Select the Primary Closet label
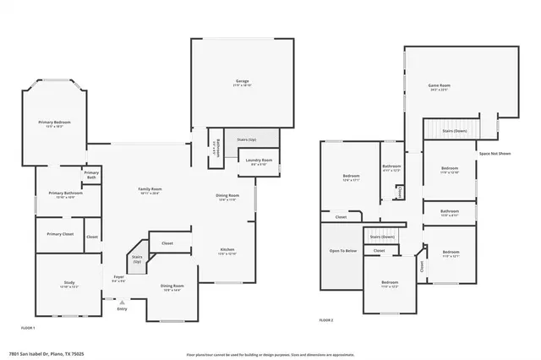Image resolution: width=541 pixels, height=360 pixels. (x=60, y=234)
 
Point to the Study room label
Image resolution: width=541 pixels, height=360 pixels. (x=68, y=284)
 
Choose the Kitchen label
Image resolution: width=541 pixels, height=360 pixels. (x=227, y=251)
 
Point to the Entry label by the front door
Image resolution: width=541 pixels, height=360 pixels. (x=123, y=308)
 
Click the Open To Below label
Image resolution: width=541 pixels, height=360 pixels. (x=341, y=251)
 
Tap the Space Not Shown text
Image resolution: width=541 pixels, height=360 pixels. (x=495, y=153)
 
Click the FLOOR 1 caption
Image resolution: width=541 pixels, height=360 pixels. (x=28, y=326)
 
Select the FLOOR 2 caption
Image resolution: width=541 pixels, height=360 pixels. (x=325, y=320)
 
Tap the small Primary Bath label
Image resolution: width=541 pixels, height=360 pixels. (x=90, y=176)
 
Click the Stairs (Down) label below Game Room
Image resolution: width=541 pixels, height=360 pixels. (x=455, y=131)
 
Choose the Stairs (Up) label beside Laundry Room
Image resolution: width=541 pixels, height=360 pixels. (x=246, y=139)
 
